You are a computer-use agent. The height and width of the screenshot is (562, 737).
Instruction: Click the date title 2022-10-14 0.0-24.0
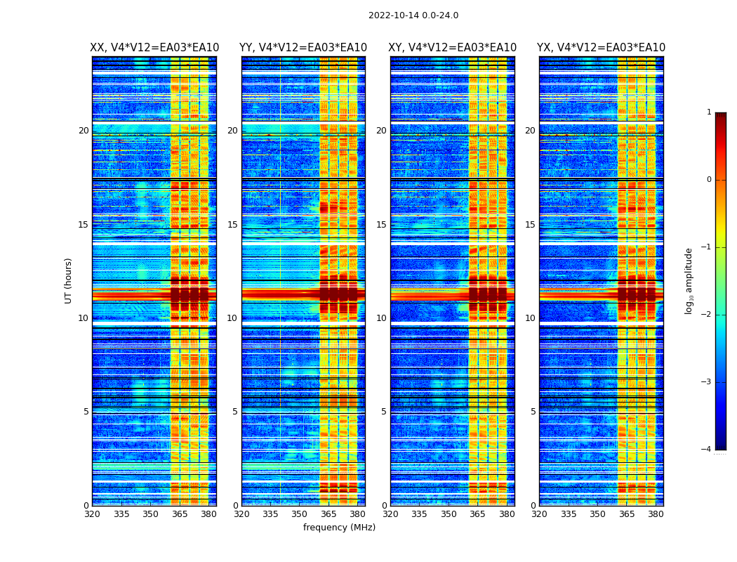413,15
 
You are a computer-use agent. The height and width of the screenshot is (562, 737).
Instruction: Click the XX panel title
154,48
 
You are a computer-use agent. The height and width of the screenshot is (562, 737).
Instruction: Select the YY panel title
303,48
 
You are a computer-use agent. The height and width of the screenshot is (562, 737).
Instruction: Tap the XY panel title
453,48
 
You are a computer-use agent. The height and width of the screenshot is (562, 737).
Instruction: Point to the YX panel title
602,48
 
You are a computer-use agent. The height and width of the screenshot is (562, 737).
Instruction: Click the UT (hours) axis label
69,280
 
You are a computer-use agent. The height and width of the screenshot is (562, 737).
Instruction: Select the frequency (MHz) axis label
339,528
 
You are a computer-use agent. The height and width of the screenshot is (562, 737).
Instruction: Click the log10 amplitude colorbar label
689,280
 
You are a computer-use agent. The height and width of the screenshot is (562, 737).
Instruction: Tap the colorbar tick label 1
709,112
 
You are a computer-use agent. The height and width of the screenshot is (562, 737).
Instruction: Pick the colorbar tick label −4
707,450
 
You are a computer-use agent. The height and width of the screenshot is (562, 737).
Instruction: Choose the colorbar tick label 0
709,180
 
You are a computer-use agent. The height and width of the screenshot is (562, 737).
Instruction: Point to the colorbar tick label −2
707,315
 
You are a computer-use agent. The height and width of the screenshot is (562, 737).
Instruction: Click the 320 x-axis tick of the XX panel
92,514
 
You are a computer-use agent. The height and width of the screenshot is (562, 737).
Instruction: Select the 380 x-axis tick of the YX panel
656,514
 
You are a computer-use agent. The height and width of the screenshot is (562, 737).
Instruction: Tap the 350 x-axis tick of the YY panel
300,514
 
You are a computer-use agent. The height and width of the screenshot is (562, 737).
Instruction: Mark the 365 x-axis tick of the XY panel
478,514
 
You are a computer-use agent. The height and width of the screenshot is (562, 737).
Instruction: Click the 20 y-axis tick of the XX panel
84,131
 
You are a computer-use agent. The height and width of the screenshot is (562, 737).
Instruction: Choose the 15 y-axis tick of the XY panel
381,225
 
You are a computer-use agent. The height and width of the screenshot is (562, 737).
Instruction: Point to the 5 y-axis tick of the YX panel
533,412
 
